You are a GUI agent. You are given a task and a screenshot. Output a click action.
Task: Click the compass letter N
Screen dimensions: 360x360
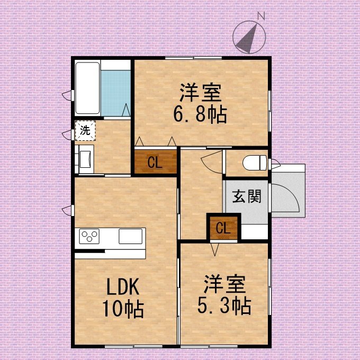(x=262, y=16)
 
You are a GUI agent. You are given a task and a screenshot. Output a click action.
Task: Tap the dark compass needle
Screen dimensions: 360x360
(x=248, y=39)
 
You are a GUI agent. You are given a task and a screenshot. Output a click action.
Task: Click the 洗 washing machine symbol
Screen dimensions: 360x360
(x=85, y=131)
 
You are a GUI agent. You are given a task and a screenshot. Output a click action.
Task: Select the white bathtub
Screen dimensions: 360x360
(x=87, y=88)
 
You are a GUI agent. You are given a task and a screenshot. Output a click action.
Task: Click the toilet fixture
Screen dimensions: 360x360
(x=255, y=163)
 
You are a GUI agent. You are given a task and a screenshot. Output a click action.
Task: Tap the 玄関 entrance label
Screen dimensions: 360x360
(x=247, y=197)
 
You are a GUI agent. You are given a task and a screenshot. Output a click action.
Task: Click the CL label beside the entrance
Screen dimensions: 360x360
(x=223, y=228)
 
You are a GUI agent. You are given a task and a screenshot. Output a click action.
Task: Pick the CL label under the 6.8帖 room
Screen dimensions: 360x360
(x=155, y=163)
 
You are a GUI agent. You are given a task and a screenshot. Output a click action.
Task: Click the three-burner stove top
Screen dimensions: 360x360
(x=89, y=236)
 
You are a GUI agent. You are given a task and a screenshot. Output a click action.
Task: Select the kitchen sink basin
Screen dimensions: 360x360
(x=130, y=236)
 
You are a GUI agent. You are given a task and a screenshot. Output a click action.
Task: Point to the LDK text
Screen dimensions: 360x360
(x=123, y=286)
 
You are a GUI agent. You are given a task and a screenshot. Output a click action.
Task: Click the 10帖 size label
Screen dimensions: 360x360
(x=123, y=309)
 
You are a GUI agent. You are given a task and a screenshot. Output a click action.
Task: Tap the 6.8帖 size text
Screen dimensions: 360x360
(x=200, y=114)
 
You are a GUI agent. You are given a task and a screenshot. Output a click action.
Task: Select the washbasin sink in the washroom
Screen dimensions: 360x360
(x=85, y=159)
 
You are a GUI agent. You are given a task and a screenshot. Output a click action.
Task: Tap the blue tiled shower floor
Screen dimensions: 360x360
(x=116, y=93)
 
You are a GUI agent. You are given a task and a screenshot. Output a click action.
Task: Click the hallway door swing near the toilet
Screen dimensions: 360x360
(x=211, y=161)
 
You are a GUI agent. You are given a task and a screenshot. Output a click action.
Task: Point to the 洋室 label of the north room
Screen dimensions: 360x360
(x=201, y=93)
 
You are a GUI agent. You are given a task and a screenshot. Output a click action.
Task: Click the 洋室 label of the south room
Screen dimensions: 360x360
(x=224, y=284)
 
